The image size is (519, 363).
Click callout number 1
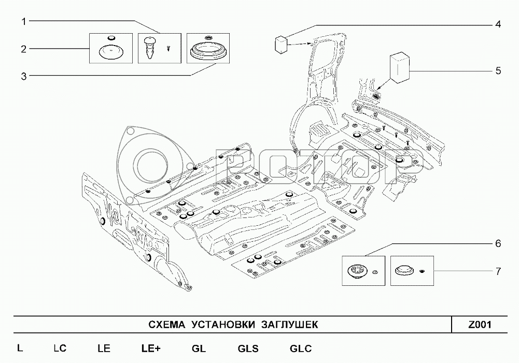pyautogui.click(x=24, y=21)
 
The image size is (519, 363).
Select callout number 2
pyautogui.click(x=24, y=49)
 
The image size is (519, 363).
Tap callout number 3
pyautogui.click(x=24, y=77)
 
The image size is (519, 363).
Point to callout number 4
pyautogui.click(x=498, y=24)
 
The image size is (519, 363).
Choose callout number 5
pyautogui.click(x=498, y=71)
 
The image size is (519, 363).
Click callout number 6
pyautogui.click(x=498, y=243)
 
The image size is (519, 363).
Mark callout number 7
pyautogui.click(x=498, y=271)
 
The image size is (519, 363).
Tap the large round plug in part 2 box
pyautogui.click(x=109, y=52)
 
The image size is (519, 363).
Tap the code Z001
pyautogui.click(x=479, y=325)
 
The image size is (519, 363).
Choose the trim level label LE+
pyautogui.click(x=150, y=349)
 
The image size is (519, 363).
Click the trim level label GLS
pyautogui.click(x=248, y=349)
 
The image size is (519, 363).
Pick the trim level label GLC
pyautogui.click(x=300, y=349)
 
